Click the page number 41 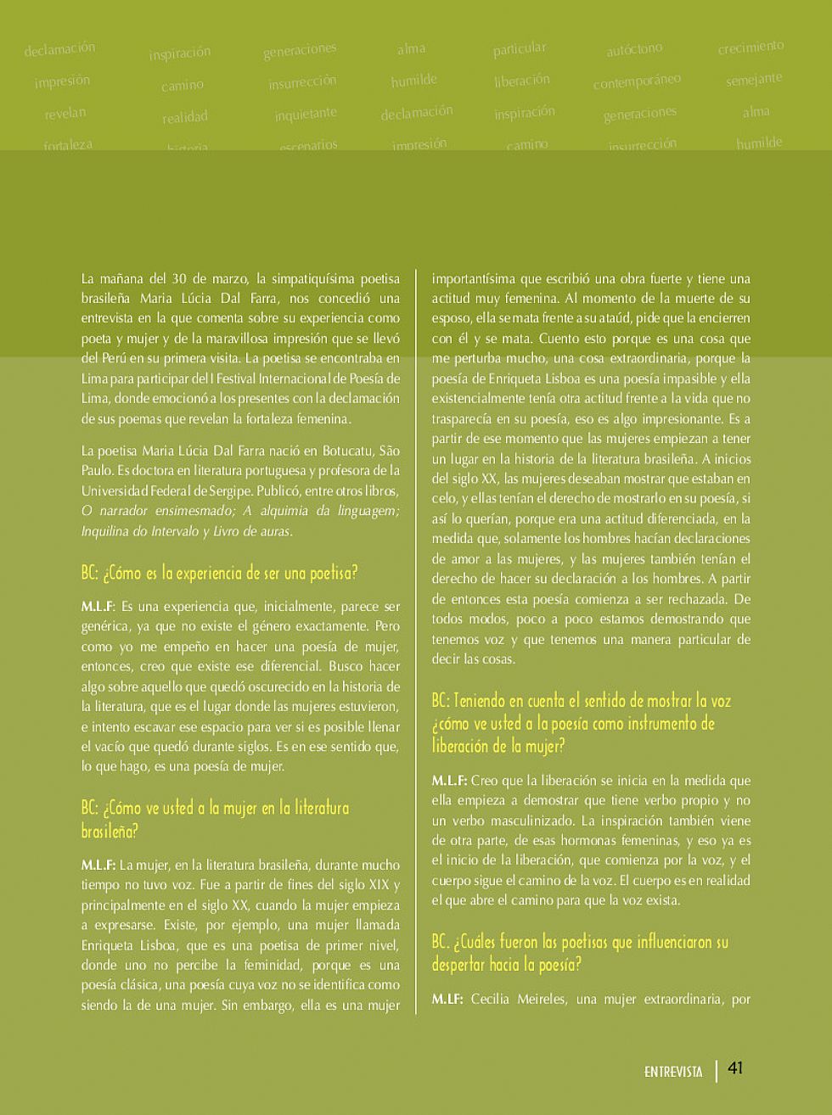735,1067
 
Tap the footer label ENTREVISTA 673,1072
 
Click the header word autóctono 634,50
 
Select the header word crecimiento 750,47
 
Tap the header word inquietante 306,114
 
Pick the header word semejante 754,80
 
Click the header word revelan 65,113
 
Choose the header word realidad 185,117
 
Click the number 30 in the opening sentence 178,278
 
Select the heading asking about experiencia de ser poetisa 219,573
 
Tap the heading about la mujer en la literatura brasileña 215,819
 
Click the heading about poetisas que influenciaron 579,953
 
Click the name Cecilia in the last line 494,999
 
